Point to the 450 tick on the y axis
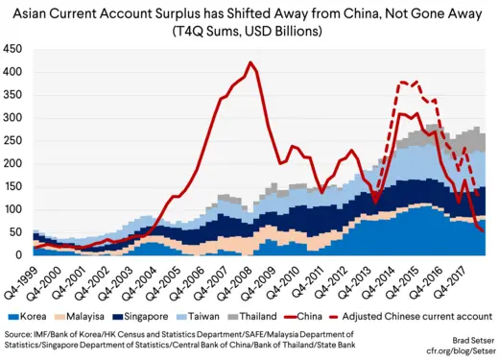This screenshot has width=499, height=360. click(15, 49)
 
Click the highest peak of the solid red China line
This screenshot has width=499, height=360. click(250, 63)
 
